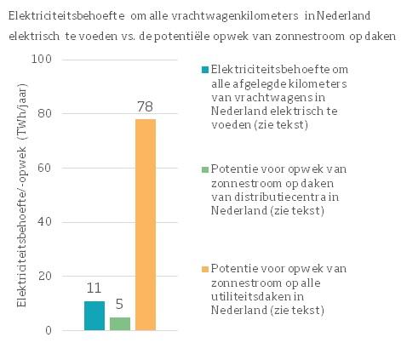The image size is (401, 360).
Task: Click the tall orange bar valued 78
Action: click(x=146, y=225)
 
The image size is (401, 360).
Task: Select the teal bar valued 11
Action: click(x=95, y=316)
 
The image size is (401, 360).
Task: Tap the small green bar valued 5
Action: click(x=120, y=323)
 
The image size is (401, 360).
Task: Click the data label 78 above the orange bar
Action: click(x=146, y=108)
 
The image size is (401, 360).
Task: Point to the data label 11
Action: click(x=95, y=289)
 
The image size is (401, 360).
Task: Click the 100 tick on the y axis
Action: click(x=43, y=60)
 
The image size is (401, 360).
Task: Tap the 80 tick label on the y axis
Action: click(x=46, y=114)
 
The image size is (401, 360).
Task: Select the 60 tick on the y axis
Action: click(x=46, y=169)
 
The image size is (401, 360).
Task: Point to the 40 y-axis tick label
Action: click(x=46, y=222)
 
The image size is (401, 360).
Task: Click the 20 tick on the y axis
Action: click(x=46, y=277)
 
